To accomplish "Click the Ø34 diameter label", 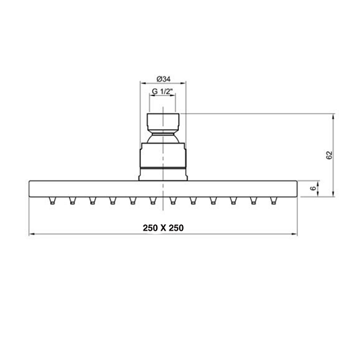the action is (163, 79).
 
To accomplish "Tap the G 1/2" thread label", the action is (162, 91).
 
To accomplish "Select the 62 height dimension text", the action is (329, 155).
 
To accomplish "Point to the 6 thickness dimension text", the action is (313, 188).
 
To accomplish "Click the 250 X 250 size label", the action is (163, 228).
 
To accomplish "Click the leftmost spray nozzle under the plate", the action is (52, 200).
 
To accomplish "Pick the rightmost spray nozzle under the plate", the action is (273, 200).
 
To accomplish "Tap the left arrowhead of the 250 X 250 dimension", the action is (32, 234).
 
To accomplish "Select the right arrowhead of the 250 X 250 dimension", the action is (294, 234).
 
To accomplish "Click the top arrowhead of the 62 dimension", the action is (333, 117).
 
